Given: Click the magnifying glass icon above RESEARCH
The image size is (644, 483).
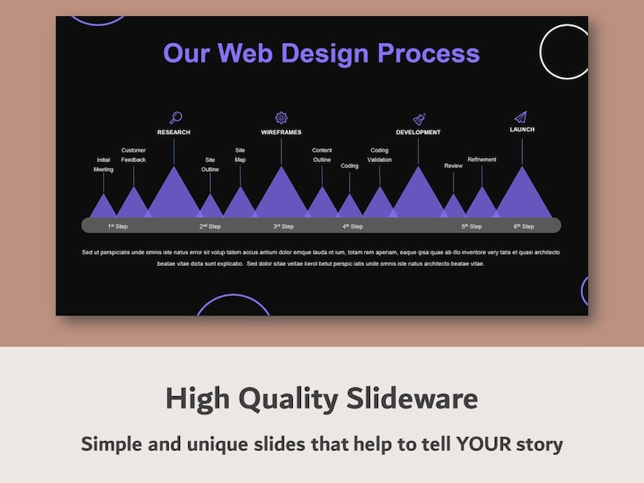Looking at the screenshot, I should (175, 118).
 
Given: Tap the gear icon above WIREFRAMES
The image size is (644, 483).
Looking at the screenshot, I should (281, 118).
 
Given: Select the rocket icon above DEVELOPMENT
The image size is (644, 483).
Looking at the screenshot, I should (419, 119).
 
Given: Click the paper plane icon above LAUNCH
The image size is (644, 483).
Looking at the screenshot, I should (521, 117).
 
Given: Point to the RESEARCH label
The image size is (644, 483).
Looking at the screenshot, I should (174, 132).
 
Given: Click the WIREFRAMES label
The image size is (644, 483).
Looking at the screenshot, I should (281, 132).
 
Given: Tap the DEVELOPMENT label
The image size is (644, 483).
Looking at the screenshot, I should (419, 132).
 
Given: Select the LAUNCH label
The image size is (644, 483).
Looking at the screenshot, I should (522, 130).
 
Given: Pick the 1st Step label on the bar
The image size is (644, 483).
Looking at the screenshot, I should (118, 226).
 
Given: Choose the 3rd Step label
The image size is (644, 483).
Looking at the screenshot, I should (283, 226).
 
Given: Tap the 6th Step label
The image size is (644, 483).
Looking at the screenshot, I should (523, 226).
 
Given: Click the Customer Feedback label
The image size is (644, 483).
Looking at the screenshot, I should (134, 155).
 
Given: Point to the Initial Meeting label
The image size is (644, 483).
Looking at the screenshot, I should (103, 165).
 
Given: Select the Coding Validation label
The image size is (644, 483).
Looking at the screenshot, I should (380, 155).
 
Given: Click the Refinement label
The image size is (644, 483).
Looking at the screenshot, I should (482, 160).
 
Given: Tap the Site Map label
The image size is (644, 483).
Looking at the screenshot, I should (240, 155).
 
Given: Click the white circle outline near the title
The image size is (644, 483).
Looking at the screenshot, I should (565, 52).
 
